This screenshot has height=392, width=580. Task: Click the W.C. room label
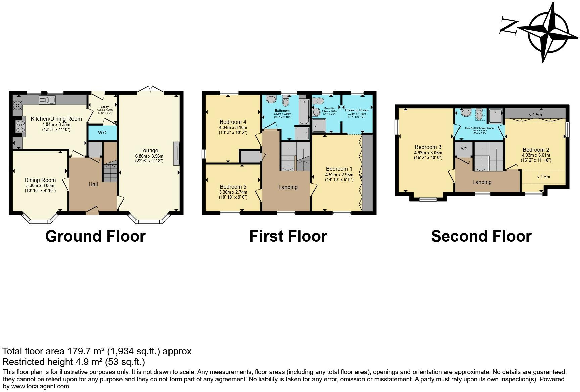103,133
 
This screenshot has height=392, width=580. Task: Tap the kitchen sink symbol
47,100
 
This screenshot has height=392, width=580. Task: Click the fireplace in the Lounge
176,154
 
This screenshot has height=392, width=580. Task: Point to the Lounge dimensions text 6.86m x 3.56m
149,156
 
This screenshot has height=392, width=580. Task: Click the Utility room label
105,107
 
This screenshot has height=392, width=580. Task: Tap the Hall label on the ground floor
93,184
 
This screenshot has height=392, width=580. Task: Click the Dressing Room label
356,110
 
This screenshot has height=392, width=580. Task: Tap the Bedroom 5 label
233,187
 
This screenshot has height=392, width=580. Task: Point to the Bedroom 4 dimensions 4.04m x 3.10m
233,127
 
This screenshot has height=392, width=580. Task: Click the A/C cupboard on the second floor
464,149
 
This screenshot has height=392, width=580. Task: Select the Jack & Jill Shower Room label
479,128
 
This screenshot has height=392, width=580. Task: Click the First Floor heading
288,236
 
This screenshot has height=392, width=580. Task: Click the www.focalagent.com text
40,386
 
